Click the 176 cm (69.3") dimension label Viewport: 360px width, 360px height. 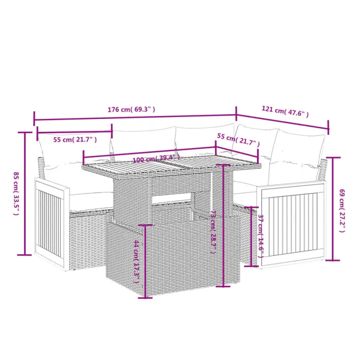point(131,109)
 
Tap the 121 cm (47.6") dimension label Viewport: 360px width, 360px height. point(285,111)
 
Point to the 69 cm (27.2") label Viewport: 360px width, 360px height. point(342,211)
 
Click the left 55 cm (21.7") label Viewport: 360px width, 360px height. point(75,139)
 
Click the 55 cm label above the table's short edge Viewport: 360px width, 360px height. point(238,139)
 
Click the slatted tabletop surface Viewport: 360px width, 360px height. point(171,167)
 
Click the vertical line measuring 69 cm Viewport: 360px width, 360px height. point(333,209)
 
